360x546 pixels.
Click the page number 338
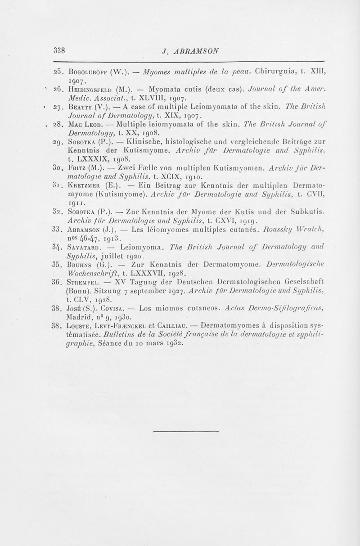tap(59, 49)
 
